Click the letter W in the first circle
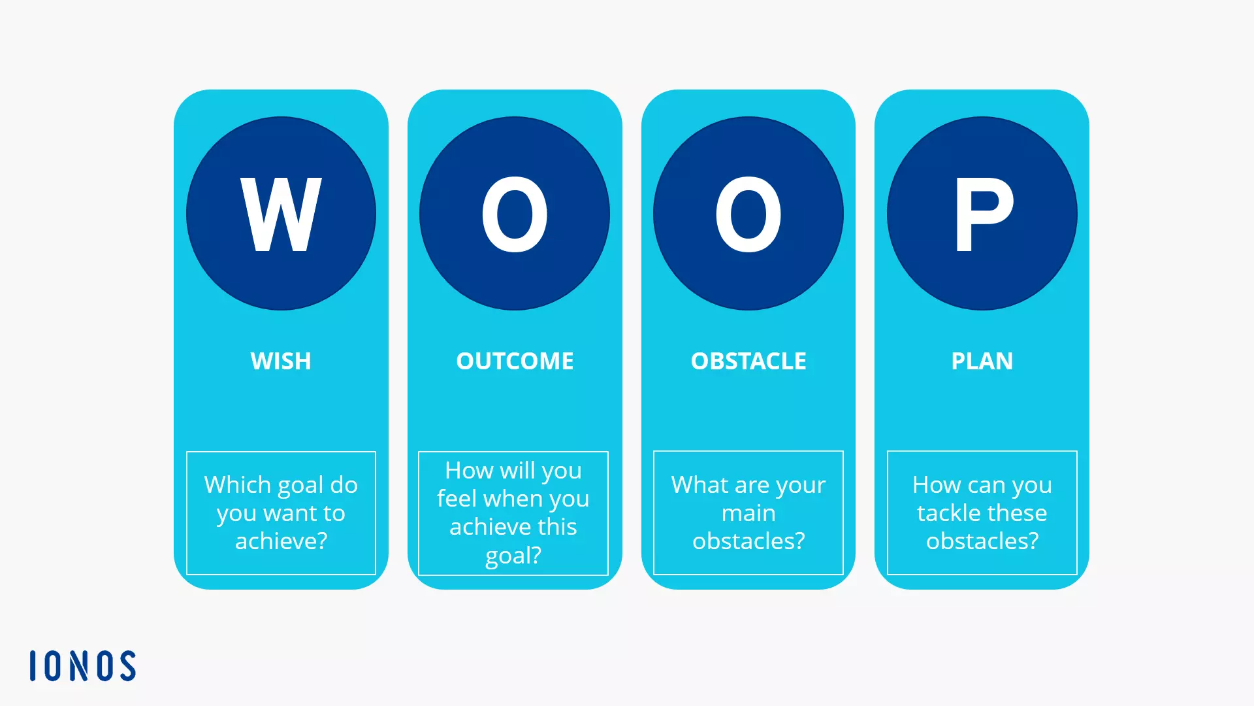click(x=281, y=214)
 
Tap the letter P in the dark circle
click(x=983, y=214)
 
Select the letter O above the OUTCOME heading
click(x=515, y=214)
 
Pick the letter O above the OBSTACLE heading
click(x=748, y=214)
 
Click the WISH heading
click(x=281, y=361)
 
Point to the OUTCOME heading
click(x=515, y=361)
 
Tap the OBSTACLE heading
click(x=748, y=361)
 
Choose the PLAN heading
click(x=982, y=361)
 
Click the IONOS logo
click(x=83, y=665)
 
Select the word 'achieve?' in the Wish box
click(x=281, y=541)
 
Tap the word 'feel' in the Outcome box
click(x=457, y=499)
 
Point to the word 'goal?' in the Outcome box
click(x=513, y=556)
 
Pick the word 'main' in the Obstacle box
click(x=748, y=513)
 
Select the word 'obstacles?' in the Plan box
click(x=982, y=541)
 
